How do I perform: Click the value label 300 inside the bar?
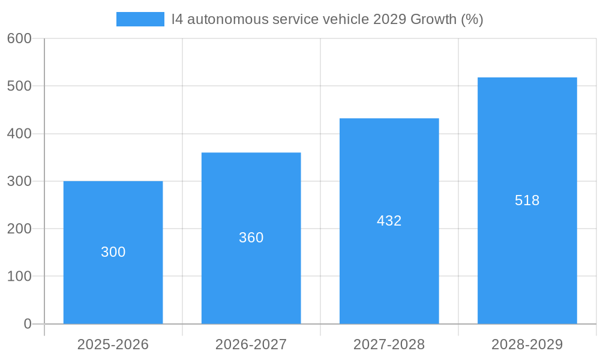point(113,252)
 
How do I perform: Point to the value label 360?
point(251,238)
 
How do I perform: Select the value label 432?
point(389,221)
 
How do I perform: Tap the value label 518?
point(527,200)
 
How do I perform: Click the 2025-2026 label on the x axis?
point(113,344)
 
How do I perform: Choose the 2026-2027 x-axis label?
point(251,344)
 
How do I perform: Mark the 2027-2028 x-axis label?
point(389,344)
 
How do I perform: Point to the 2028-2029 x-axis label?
point(527,344)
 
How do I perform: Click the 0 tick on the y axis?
point(27,324)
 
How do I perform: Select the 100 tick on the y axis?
point(19,277)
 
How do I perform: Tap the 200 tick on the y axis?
point(19,229)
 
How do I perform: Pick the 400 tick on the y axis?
point(19,134)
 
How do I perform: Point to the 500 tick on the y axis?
point(19,86)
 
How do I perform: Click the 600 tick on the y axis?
point(19,38)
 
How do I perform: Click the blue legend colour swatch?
point(140,19)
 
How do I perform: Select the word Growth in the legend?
point(433,19)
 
